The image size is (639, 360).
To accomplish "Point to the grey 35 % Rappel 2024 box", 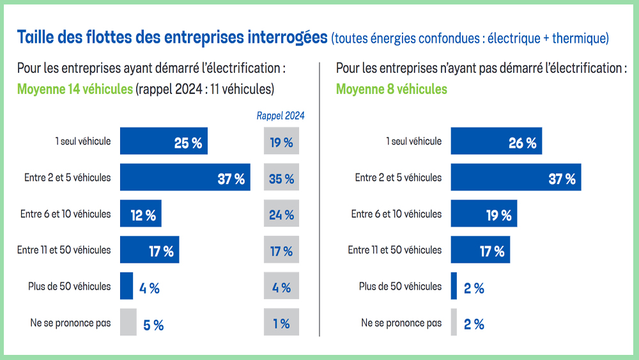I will coord(281,178).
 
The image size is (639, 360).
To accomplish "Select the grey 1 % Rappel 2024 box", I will coord(281,323).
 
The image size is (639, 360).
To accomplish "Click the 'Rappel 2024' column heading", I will coord(281,116).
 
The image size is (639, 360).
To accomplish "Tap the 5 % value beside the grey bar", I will coord(153,325).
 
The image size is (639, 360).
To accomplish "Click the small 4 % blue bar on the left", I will coord(127,286).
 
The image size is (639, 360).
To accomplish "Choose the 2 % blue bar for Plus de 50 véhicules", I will coord(454,286).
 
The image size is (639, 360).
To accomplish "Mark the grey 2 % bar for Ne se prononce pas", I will coord(454,323).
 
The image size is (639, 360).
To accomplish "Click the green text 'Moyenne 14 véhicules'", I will coord(75,89).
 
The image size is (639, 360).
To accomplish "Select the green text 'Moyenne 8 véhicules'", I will coord(391,89).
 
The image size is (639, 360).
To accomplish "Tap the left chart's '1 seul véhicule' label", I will coord(82,141).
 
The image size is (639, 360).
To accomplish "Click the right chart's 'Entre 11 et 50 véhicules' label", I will coord(394,250).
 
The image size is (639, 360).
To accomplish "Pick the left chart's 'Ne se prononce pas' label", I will coord(70,323).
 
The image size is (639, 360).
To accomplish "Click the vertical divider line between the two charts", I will coord(319,198).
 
